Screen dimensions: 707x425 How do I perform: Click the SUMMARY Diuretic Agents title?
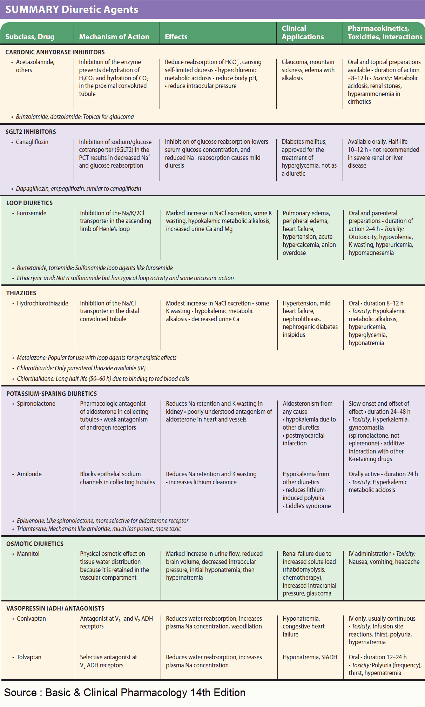72,9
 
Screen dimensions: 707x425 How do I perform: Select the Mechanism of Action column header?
114,37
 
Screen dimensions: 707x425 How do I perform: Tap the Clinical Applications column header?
303,33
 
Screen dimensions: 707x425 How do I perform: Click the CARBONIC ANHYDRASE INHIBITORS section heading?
55,52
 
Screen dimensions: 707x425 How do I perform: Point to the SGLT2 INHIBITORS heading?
31,132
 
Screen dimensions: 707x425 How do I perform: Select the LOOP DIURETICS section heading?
29,203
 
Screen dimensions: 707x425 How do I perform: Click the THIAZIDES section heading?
21,293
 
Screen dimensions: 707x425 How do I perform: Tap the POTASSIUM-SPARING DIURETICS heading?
52,394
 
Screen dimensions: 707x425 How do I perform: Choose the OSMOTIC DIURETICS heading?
35,544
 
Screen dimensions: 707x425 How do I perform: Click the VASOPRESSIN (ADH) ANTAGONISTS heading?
55,608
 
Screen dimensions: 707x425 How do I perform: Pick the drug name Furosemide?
32,213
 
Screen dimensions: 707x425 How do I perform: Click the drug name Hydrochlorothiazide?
42,303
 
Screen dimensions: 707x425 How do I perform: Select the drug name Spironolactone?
36,404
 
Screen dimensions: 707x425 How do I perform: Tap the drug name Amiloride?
29,474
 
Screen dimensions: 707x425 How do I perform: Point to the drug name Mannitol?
28,554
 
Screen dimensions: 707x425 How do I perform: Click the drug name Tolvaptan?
29,657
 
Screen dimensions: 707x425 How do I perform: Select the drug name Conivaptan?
31,619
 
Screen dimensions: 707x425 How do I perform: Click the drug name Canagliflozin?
32,142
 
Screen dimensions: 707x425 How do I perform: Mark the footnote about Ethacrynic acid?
125,278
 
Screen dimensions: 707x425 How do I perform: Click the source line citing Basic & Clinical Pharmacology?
125,693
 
